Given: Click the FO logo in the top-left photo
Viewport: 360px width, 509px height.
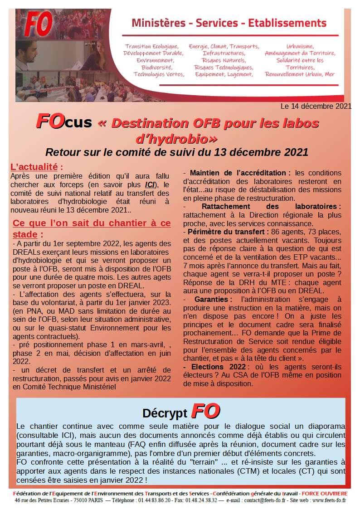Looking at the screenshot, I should (39, 24).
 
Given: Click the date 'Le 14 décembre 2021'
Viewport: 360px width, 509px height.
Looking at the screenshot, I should (316, 107).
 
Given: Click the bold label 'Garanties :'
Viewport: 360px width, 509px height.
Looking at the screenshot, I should (213, 299).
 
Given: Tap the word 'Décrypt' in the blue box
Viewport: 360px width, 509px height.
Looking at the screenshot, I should (165, 413).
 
